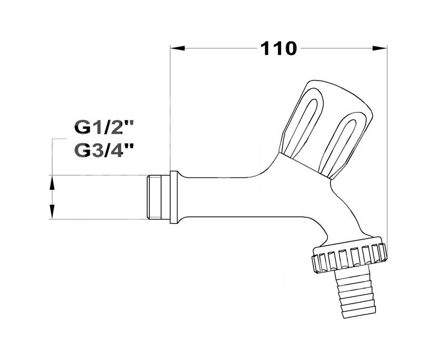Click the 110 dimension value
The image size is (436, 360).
(279, 49)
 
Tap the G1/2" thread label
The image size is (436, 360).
(104, 128)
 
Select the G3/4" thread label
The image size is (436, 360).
(104, 151)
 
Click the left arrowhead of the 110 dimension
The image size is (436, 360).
(177, 48)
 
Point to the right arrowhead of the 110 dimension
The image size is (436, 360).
(380, 48)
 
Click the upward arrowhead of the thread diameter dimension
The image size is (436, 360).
(52, 183)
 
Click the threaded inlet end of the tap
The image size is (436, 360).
(158, 197)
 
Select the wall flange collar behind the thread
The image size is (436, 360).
(174, 197)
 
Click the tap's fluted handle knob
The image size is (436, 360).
(327, 129)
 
